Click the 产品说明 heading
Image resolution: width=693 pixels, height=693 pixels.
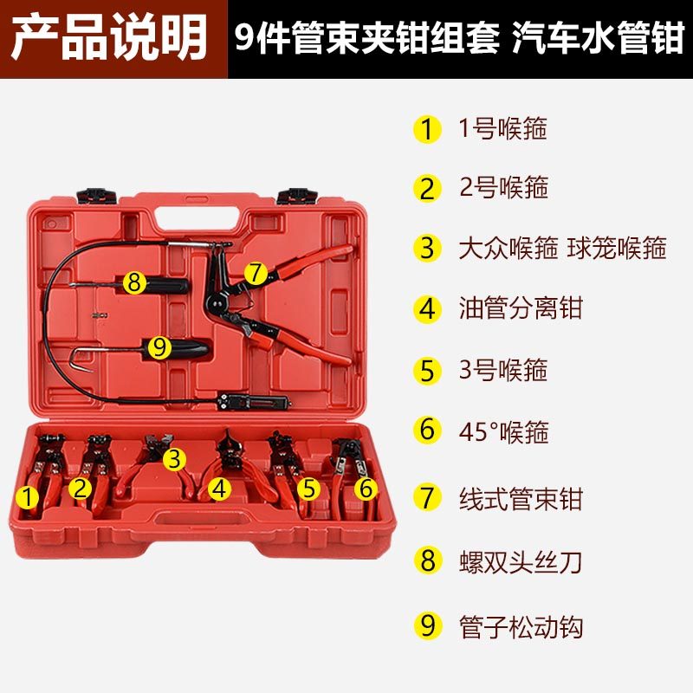(110, 37)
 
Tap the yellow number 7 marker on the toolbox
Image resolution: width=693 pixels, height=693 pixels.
(256, 273)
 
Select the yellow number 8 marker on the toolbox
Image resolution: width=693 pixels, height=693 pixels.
(134, 282)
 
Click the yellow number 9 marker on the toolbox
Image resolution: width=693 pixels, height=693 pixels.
(159, 347)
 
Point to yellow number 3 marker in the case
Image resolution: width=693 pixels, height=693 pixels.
(175, 459)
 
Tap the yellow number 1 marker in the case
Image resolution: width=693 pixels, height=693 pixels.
(28, 497)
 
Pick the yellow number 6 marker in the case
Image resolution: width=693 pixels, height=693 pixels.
(366, 489)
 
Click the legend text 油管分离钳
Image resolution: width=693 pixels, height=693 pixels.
(521, 308)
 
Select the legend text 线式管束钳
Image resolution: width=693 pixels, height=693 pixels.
(521, 499)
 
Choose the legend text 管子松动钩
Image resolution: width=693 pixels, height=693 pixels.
(521, 626)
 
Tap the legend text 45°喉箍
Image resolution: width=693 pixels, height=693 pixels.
(504, 431)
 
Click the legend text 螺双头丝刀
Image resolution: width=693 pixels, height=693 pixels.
(521, 562)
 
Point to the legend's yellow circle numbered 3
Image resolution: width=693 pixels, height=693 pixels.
(427, 248)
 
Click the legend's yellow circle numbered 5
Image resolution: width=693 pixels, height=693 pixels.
(427, 371)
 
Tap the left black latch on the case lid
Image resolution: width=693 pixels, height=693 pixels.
(96, 196)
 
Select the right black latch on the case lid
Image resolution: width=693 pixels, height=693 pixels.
(297, 196)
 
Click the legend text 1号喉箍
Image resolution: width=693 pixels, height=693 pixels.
(503, 128)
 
